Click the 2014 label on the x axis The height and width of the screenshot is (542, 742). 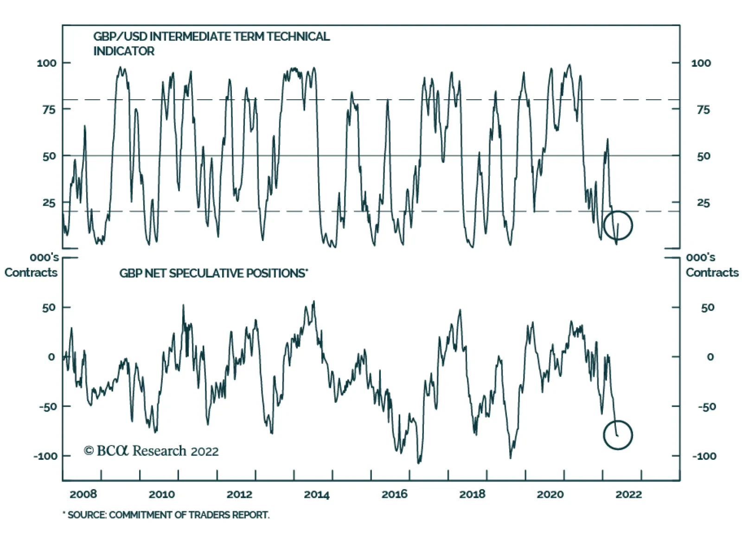coord(316,495)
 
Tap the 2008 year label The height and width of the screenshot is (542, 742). coord(83,495)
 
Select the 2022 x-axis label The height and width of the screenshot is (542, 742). coord(628,495)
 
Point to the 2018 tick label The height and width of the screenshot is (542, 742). coord(472,495)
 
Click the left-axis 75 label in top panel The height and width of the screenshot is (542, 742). coord(49,110)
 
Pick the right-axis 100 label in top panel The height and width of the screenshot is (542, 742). coord(701,63)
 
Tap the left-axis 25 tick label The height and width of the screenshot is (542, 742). coord(49,203)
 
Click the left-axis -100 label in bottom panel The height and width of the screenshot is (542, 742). coord(45,456)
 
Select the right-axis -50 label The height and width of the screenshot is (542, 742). coord(707,407)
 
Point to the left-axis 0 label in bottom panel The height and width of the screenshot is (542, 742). coord(51,357)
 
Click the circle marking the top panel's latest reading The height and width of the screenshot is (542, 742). coord(618,226)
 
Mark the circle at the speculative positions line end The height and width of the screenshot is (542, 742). coord(618,435)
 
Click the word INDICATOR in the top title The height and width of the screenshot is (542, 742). coord(124,51)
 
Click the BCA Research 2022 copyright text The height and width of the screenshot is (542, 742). coord(151,451)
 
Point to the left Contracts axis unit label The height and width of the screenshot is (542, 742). coord(31,272)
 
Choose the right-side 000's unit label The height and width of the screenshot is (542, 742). coord(700,258)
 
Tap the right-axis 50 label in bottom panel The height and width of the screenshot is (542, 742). coord(708,308)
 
